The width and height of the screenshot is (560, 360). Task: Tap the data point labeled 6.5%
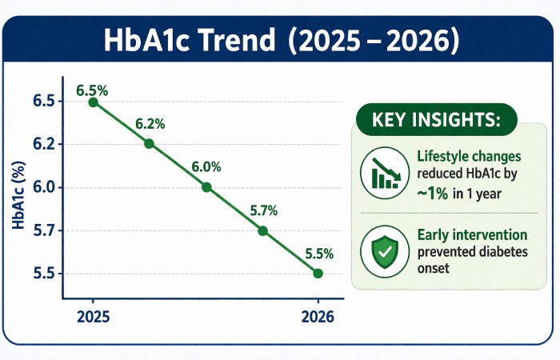94,102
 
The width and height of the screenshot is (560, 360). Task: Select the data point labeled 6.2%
149,144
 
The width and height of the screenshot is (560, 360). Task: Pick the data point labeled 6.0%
206,187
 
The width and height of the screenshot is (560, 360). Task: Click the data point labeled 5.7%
263,230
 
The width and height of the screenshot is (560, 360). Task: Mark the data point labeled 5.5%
318,273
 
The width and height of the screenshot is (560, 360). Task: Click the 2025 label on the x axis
94,316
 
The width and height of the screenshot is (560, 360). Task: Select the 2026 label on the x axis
318,316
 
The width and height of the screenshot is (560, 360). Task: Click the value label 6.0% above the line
206,167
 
